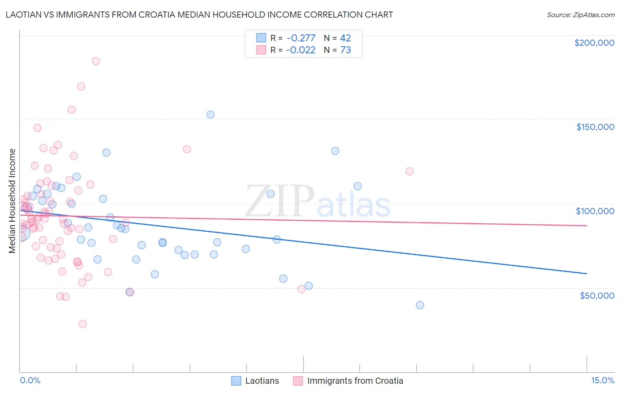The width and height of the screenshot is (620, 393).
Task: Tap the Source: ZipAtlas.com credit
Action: tap(580, 15)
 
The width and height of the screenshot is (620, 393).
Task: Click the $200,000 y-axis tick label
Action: tap(594, 43)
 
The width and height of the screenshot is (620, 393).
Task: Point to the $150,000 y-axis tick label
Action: tap(595, 127)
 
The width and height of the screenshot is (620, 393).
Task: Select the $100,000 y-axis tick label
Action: tap(595, 211)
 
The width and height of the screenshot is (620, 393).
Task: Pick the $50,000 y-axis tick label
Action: tap(597, 295)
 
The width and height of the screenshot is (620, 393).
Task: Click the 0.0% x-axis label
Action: tap(30, 380)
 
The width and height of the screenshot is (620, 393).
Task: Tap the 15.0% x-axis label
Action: tap(602, 380)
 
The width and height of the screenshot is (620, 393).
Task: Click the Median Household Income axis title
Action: tap(12, 201)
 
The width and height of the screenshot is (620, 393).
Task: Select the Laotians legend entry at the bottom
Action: tap(255, 381)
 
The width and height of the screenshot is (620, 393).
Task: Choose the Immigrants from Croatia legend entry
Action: tap(348, 381)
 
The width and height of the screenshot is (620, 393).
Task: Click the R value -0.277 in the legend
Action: tap(301, 38)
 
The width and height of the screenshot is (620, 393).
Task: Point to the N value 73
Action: tap(346, 50)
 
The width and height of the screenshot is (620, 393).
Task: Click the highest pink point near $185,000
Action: tap(96, 61)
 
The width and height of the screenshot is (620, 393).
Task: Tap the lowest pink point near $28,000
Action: tap(82, 324)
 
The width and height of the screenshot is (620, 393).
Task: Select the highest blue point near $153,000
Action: tap(210, 115)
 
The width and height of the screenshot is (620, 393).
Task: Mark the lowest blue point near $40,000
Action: tap(420, 305)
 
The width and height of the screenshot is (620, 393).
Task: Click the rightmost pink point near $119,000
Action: tap(409, 171)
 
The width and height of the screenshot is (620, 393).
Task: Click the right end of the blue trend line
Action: tap(586, 274)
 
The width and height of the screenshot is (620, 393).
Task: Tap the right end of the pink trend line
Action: tap(586, 226)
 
